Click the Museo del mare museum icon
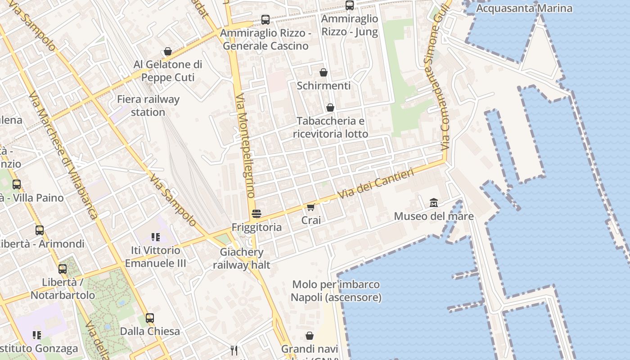tap(433, 202)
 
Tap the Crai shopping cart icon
tap(310, 207)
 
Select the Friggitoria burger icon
tap(256, 214)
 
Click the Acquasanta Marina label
tap(524, 8)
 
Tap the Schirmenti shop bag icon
tap(323, 72)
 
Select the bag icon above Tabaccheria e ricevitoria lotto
tap(330, 108)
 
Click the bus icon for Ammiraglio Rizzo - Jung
tap(349, 5)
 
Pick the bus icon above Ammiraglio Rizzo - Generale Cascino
tap(265, 20)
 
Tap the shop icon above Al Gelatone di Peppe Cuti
tap(168, 51)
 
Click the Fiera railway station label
tap(148, 106)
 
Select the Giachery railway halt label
tap(242, 258)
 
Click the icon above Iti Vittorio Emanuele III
tap(155, 237)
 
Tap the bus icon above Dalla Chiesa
tap(150, 318)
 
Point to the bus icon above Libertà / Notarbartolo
tap(63, 269)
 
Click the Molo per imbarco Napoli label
tap(336, 291)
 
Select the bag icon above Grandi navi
tap(310, 336)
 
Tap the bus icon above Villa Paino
tap(17, 184)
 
